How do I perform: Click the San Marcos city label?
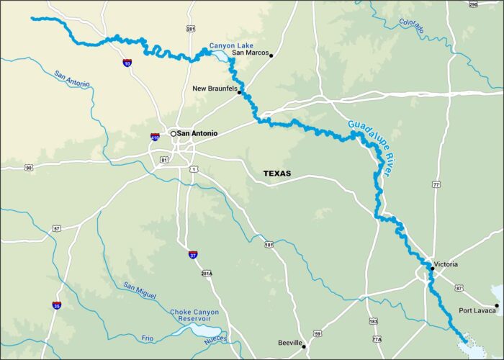point(248,53)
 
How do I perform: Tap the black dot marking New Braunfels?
point(239,93)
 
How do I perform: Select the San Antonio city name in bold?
point(197,133)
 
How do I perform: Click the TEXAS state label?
point(277,174)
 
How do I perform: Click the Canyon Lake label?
point(228,45)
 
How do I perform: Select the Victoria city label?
point(446,264)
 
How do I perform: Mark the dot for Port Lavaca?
point(496,306)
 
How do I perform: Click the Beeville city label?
point(289,343)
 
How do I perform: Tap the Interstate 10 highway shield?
point(127,63)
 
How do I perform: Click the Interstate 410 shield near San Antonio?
point(155,136)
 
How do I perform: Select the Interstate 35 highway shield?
point(56,305)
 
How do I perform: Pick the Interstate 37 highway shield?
point(193,254)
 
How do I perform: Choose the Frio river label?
point(148,338)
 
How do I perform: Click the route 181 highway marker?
point(269,245)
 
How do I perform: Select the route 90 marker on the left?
point(28,168)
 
